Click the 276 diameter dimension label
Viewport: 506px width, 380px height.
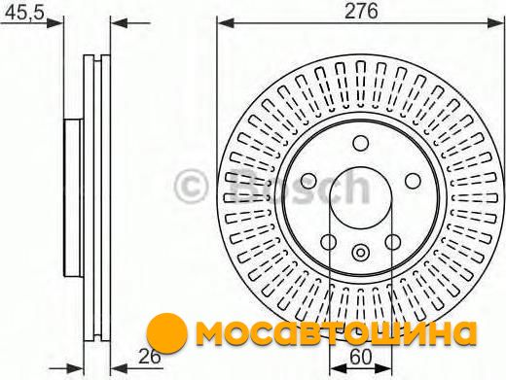361,11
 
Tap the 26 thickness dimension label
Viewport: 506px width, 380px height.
150,357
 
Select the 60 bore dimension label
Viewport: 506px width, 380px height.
361,357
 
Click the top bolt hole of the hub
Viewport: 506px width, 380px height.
361,143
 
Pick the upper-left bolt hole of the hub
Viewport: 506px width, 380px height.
308,181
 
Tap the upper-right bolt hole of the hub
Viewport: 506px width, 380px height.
413,181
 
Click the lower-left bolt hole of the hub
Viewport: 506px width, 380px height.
328,242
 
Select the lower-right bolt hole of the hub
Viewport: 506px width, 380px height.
393,242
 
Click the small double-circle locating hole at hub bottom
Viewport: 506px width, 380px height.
360,252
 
